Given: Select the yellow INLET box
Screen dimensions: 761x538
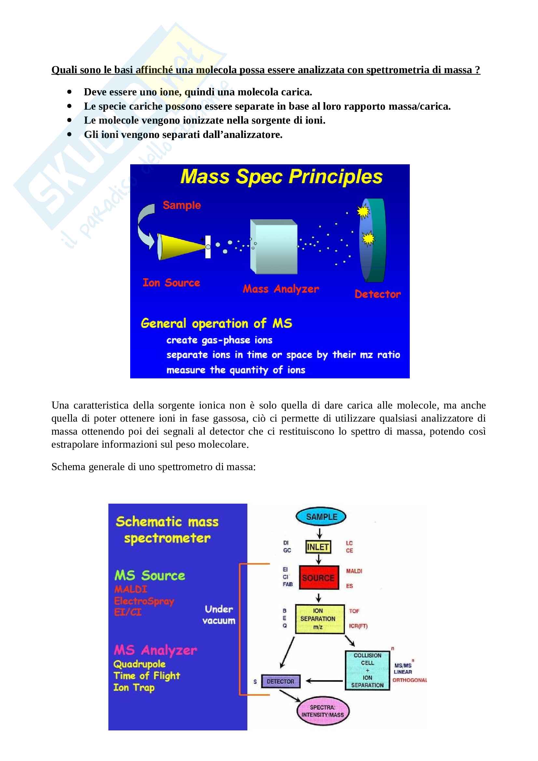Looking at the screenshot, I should tap(318, 547).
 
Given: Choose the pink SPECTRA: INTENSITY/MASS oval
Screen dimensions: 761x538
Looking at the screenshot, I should tap(323, 711).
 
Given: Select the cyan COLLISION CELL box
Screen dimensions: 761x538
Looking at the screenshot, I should tap(367, 670).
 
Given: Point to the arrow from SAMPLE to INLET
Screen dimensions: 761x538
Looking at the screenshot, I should tap(319, 533).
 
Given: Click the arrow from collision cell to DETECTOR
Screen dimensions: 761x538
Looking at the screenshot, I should tap(324, 681).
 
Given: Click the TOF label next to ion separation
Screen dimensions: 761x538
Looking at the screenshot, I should tap(354, 611).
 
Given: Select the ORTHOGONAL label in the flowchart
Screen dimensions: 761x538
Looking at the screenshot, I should tap(409, 680).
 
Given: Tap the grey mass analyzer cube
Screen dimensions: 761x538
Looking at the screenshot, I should tap(274, 247).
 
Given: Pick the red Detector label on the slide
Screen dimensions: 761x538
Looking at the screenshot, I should tap(377, 294).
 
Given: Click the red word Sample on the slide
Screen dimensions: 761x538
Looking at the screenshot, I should tap(182, 205).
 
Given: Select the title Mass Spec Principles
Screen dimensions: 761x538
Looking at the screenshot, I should tap(281, 177).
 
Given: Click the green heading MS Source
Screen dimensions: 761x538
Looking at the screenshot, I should tap(149, 576).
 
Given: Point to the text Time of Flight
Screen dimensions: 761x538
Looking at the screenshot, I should tap(146, 675).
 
